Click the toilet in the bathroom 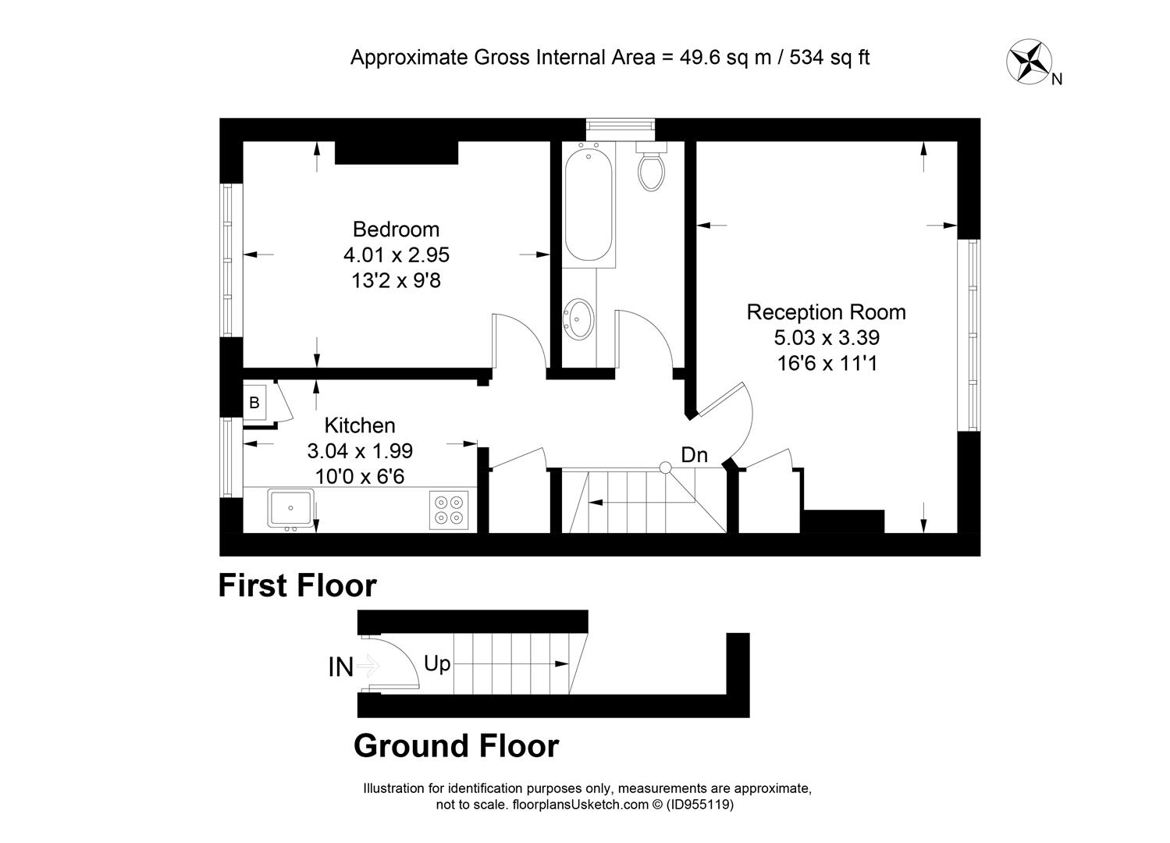[x=651, y=166]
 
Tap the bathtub [x=589, y=205]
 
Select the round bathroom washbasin [x=578, y=318]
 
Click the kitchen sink [x=290, y=508]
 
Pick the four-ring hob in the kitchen [x=449, y=510]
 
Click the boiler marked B [x=254, y=402]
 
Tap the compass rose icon [x=1029, y=61]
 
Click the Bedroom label [x=396, y=229]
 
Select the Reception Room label [x=826, y=311]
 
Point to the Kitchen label [x=359, y=425]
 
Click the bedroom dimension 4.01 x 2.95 [x=396, y=255]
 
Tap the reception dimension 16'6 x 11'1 [x=827, y=363]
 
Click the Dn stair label [x=694, y=455]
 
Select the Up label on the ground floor [x=437, y=663]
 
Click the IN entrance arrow [x=370, y=665]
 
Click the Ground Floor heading [x=456, y=745]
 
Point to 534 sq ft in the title [x=830, y=57]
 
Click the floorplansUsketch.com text [x=581, y=804]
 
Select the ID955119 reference [x=700, y=804]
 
